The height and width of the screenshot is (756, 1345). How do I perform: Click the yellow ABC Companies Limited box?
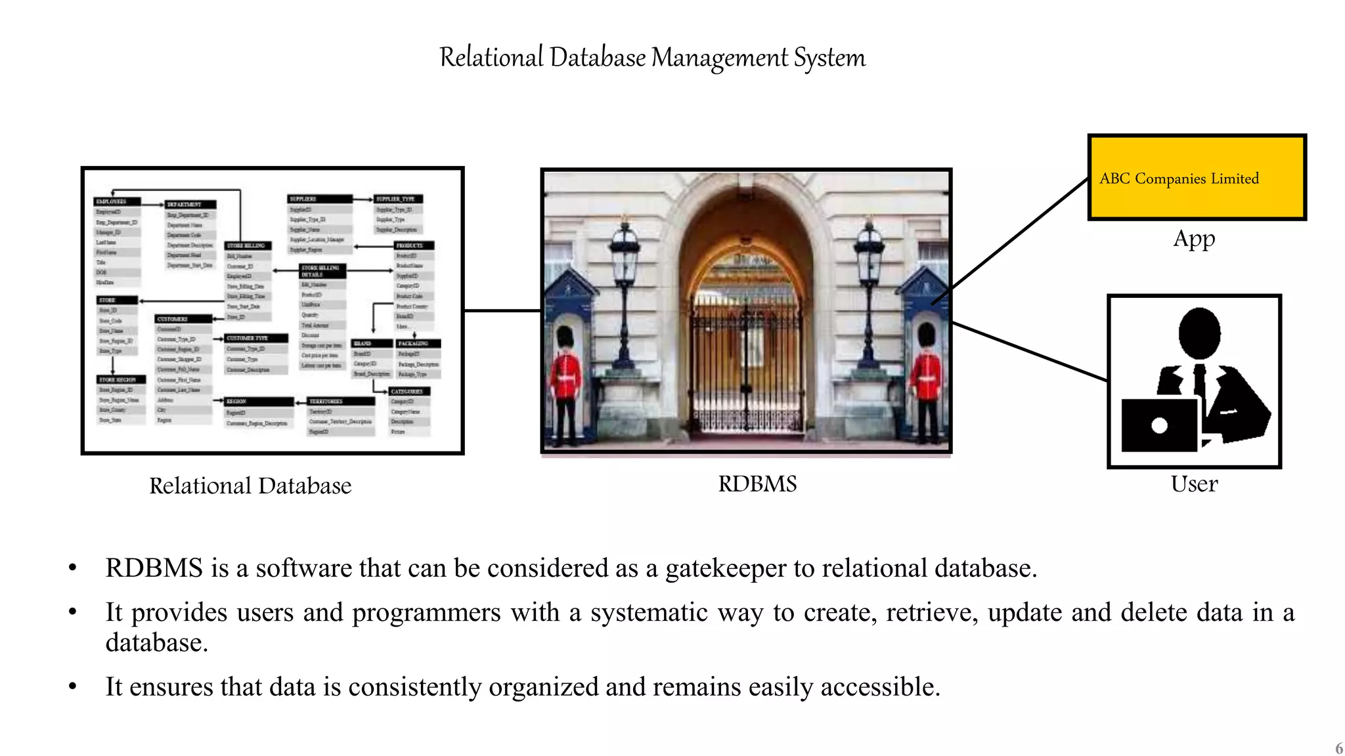coord(1197,177)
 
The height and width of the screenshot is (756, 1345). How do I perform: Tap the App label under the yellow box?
coord(1194,238)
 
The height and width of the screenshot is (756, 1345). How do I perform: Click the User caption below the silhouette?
coord(1194,484)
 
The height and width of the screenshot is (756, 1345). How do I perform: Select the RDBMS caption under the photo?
coord(757,484)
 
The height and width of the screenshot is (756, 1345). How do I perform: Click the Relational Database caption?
coord(250,486)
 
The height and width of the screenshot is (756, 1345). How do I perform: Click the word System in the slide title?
coord(829,58)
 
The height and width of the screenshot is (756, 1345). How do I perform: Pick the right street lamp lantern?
coord(869,253)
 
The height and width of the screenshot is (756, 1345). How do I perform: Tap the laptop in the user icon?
coord(1159,425)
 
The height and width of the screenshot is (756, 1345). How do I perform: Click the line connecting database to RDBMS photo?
coord(502,310)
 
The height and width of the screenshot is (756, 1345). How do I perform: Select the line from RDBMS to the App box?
coord(1018,236)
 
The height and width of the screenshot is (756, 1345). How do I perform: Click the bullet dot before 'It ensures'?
coord(73,687)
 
